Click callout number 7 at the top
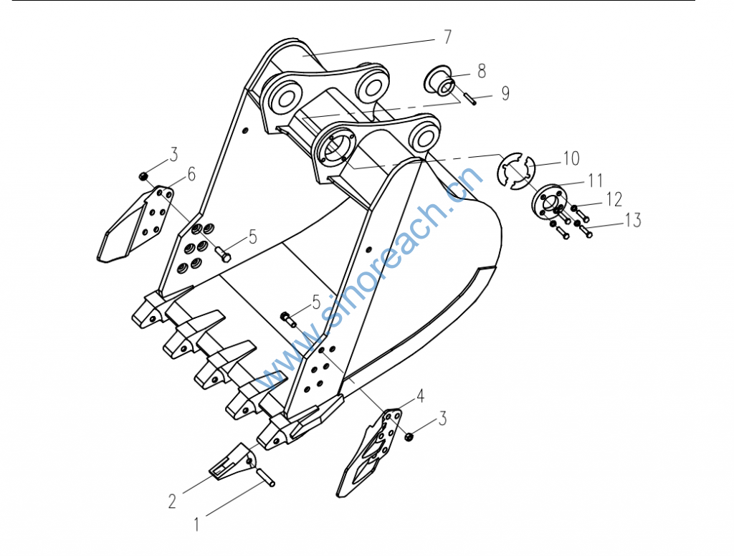(447, 37)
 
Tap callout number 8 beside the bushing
(482, 71)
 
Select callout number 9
(505, 93)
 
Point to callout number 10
(571, 158)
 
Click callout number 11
(595, 180)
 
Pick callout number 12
(614, 199)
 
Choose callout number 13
(633, 220)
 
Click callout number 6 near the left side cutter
(191, 174)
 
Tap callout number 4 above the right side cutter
(420, 396)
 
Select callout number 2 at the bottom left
(172, 502)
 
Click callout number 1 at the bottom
(196, 524)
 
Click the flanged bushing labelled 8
(439, 80)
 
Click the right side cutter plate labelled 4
(370, 452)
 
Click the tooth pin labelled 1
(265, 478)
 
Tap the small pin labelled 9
(470, 100)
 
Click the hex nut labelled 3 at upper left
(143, 176)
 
